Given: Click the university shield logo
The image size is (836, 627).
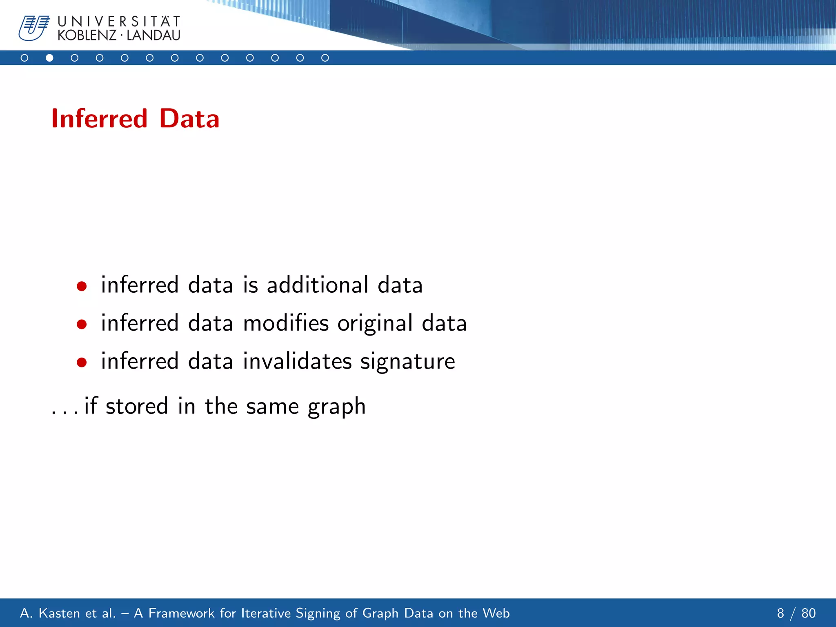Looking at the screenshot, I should (x=33, y=28).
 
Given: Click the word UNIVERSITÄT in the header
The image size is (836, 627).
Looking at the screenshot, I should (x=119, y=21).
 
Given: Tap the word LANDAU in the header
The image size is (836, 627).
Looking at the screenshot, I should (x=153, y=36).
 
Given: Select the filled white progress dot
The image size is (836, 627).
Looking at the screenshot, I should (x=49, y=58).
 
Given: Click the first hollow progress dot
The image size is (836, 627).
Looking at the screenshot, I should (x=24, y=58).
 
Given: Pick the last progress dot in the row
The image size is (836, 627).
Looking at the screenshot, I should (x=325, y=58).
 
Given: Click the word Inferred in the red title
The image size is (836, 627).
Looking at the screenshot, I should (x=99, y=119).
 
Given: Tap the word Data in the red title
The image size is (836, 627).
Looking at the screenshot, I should (x=189, y=119).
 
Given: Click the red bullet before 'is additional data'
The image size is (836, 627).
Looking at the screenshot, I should (x=82, y=286).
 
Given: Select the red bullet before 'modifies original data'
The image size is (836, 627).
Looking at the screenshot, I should (x=82, y=325).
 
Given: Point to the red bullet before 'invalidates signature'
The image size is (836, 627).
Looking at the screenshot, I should (x=82, y=362).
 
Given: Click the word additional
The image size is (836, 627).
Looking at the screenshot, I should (x=317, y=285).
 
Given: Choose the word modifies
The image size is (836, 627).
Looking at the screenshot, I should (x=286, y=323).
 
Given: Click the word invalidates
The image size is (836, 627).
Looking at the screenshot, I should (x=297, y=361).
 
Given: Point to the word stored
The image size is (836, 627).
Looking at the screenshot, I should (x=137, y=406).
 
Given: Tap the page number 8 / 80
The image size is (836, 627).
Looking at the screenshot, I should (x=796, y=613).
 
